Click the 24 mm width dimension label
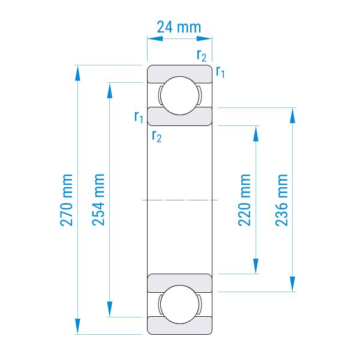179,27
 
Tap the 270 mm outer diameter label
67,200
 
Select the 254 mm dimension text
98,200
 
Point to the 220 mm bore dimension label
244,200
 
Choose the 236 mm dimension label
281,200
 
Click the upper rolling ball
180,95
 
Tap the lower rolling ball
180,304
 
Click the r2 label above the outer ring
202,56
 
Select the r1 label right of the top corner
220,71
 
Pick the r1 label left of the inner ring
139,117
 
